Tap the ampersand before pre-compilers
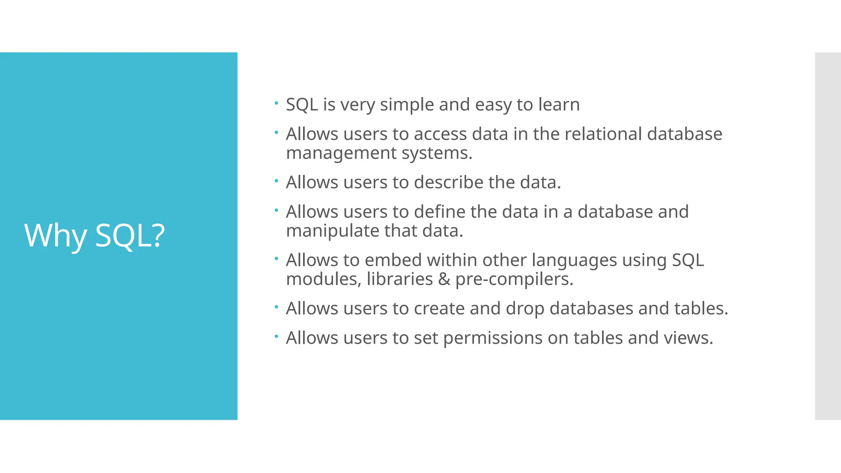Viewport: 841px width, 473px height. click(444, 279)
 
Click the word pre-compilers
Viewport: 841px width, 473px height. click(514, 280)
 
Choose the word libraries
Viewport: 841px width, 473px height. click(400, 279)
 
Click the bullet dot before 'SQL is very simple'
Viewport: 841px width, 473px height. click(276, 103)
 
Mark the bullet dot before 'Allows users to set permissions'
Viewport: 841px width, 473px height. click(276, 336)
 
